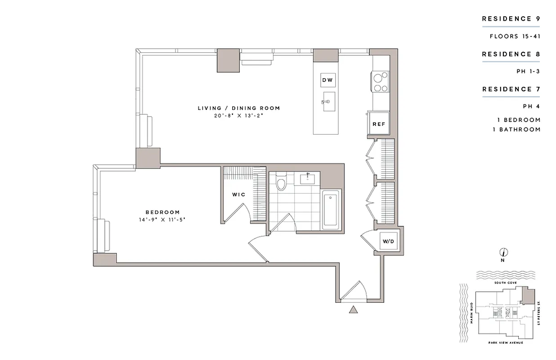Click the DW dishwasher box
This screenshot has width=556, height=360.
327,81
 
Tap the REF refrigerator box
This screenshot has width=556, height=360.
378,124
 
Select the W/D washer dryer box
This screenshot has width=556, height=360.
388,242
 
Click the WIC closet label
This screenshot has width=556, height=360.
238,194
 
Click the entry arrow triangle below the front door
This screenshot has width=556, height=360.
354,309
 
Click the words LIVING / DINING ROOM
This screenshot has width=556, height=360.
239,108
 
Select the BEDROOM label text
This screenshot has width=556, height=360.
162,212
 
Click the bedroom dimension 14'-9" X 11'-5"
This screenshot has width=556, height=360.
162,220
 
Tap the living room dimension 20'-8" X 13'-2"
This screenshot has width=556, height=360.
239,115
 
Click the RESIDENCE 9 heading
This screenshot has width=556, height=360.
511,19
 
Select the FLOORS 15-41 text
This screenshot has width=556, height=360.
515,36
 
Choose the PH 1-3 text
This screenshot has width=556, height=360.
528,71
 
